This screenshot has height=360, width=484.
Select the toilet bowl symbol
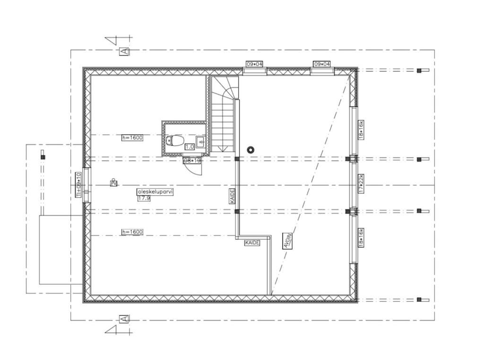pyautogui.click(x=175, y=140)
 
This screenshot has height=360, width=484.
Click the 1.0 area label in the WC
pyautogui.click(x=190, y=147)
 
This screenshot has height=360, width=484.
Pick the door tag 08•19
pyautogui.click(x=192, y=160)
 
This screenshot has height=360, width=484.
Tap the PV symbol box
pyautogui.click(x=113, y=183)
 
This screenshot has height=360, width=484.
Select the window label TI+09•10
pyautogui.click(x=79, y=184)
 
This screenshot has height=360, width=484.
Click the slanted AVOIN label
pyautogui.click(x=286, y=241)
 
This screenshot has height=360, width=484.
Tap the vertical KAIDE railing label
pyautogui.click(x=233, y=196)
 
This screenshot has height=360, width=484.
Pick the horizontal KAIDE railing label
pyautogui.click(x=252, y=243)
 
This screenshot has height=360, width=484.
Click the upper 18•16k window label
pyautogui.click(x=361, y=130)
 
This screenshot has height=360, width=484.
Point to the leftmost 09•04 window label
pyautogui.click(x=254, y=64)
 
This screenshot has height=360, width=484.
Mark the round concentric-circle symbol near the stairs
pyautogui.click(x=251, y=150)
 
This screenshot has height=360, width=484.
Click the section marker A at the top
pyautogui.click(x=124, y=51)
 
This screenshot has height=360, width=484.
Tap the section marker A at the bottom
pyautogui.click(x=124, y=319)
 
